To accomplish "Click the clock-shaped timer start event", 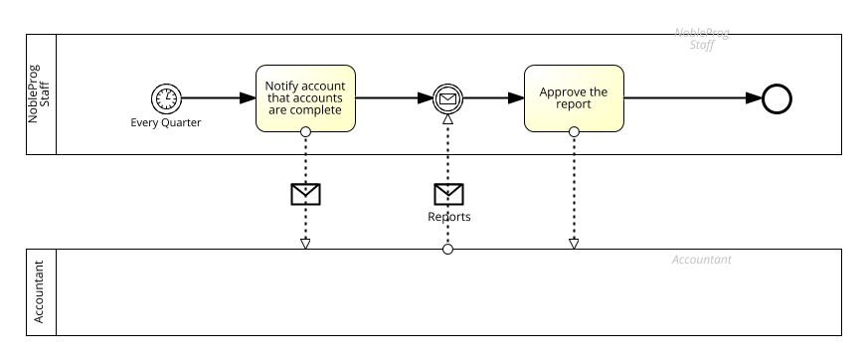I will (x=167, y=98).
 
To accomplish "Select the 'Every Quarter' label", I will (x=166, y=123).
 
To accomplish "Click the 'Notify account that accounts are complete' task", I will (x=305, y=98).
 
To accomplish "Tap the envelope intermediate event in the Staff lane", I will (x=448, y=98).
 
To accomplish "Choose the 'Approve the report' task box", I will (x=574, y=98).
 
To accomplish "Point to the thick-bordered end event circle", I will (x=777, y=98).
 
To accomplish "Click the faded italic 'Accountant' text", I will (x=701, y=261).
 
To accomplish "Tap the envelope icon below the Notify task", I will (x=305, y=194).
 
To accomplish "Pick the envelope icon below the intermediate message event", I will (x=448, y=194).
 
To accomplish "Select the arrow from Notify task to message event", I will (x=393, y=98).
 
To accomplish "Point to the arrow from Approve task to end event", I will (x=691, y=98).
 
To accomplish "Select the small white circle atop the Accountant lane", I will (x=448, y=249).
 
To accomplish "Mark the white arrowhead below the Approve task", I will (x=574, y=244).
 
